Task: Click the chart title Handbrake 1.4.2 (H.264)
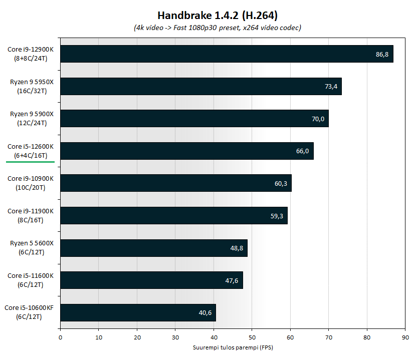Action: coord(210,16)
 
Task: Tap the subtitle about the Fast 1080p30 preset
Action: coord(210,28)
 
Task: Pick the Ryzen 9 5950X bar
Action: coord(200,86)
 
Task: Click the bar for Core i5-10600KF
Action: coord(138,312)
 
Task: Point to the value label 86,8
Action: coord(382,54)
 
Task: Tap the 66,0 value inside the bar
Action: coord(303,151)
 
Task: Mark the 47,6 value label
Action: coord(232,280)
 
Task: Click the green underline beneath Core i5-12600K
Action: coord(31,162)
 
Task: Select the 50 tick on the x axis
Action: coord(252,337)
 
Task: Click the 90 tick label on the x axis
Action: coord(405,337)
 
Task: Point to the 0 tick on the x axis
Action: coord(60,337)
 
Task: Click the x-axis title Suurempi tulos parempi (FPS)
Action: coord(233,347)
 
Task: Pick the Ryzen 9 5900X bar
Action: coord(194,119)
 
